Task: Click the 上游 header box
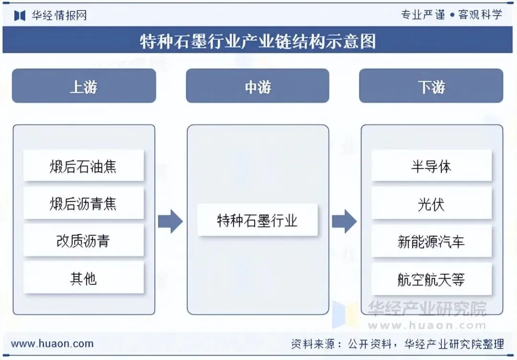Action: pos(84,86)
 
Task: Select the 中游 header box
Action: pos(258,86)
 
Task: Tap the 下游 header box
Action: pos(431,86)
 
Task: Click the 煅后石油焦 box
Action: pos(83,166)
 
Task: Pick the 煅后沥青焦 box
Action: pos(83,203)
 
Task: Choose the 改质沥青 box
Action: pos(83,241)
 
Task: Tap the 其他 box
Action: pos(83,278)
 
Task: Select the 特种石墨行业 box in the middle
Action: pos(258,220)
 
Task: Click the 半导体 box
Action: pos(431,166)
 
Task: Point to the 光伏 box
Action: pos(431,203)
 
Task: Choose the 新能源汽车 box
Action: pos(431,241)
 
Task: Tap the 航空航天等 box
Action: pos(431,279)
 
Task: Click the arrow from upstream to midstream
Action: pos(170,221)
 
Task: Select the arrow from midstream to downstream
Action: pos(344,221)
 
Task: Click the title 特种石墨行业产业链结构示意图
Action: pos(258,41)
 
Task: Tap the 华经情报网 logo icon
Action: pos(20,15)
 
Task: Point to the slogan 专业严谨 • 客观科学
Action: pos(451,14)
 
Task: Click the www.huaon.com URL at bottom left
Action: pos(52,344)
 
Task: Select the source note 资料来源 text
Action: pos(397,344)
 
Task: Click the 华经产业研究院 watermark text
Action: pos(427,309)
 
